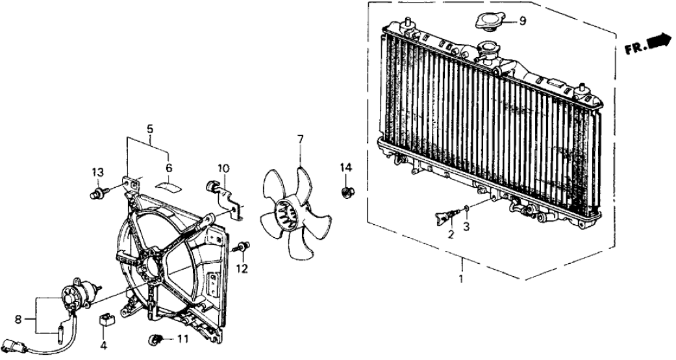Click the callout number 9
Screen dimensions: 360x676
point(523,21)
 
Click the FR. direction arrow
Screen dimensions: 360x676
point(660,42)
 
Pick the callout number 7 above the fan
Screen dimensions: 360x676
point(301,138)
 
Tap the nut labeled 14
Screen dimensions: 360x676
point(346,191)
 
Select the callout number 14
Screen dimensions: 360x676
point(345,168)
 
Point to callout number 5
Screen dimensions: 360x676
point(150,129)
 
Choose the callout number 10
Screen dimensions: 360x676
point(223,169)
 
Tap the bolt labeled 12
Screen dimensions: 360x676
point(243,247)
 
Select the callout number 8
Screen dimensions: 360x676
point(19,319)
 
